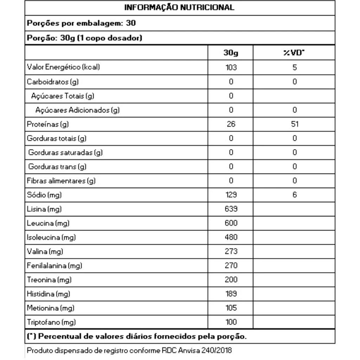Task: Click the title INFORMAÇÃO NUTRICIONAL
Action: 180,7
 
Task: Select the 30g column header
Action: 231,53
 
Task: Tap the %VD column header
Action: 294,53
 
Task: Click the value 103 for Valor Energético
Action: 231,67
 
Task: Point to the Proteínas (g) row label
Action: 48,124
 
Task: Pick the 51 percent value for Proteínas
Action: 295,124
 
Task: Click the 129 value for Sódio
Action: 231,195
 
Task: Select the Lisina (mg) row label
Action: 44,209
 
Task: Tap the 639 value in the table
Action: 231,209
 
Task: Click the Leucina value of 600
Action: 231,223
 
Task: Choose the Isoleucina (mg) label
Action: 51,237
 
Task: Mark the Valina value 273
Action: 231,251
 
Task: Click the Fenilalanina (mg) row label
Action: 54,266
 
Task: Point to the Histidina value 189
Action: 231,294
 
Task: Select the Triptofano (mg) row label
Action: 51,322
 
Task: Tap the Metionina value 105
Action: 231,308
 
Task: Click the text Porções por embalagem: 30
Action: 81,23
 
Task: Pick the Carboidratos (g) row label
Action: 53,82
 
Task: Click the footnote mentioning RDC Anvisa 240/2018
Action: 129,350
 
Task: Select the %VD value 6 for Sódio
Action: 295,195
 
